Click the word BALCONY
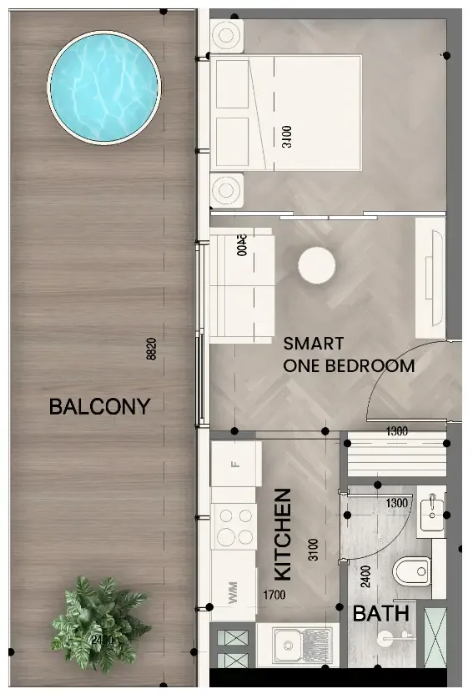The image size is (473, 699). [99, 407]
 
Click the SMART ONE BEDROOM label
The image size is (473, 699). [349, 355]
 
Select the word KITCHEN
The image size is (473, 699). [284, 535]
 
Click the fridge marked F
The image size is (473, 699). [234, 464]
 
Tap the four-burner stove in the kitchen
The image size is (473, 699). [234, 527]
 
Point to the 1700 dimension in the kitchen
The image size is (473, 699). [275, 596]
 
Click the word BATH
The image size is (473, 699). [380, 615]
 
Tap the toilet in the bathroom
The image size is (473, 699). [406, 573]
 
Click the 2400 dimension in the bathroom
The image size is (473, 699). [365, 576]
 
